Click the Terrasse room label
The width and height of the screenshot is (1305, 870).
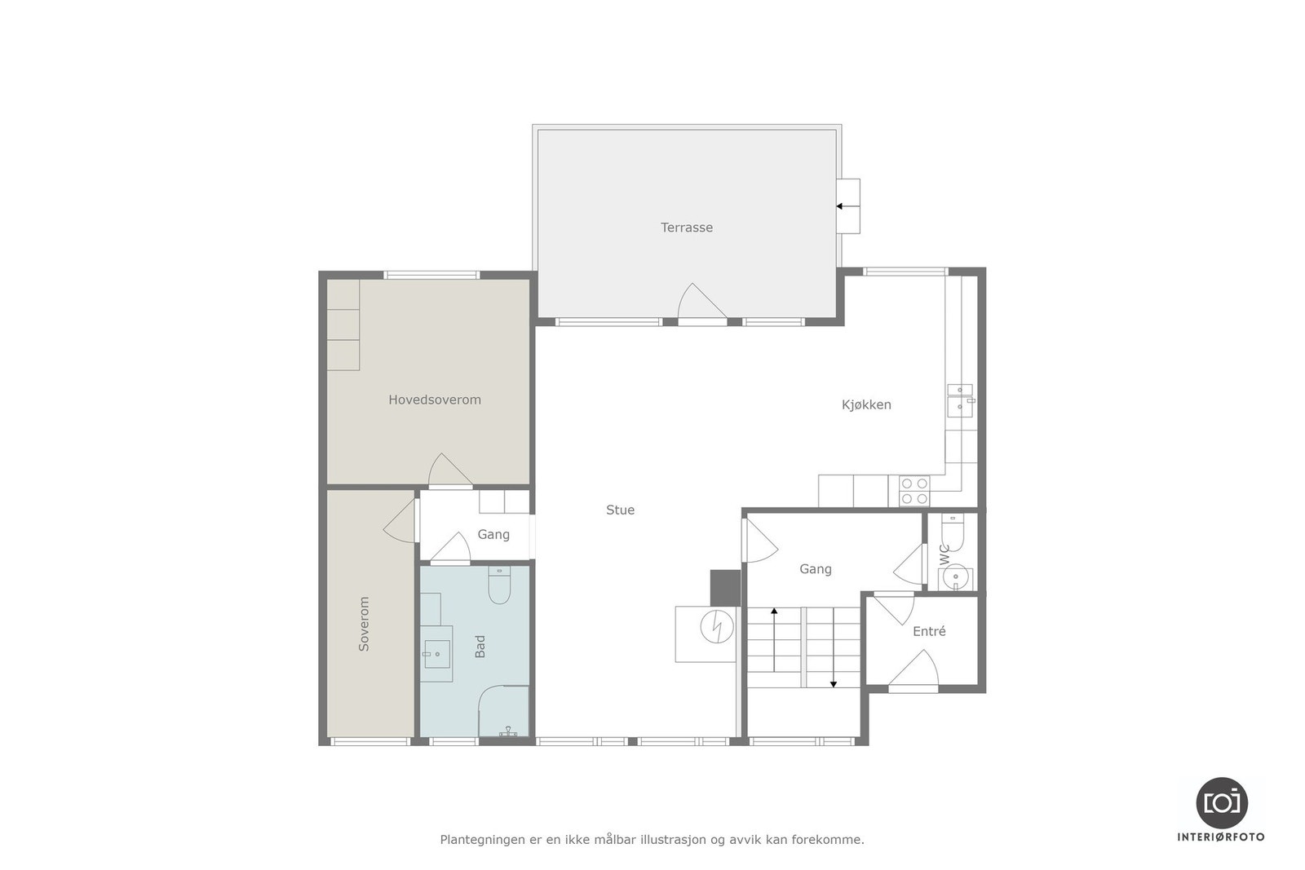click(686, 227)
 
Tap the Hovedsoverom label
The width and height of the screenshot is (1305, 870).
click(434, 400)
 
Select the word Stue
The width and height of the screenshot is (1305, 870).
click(620, 510)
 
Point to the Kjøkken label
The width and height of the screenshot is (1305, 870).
click(866, 404)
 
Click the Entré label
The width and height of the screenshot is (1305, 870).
click(929, 631)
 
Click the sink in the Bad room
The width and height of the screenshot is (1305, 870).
click(437, 650)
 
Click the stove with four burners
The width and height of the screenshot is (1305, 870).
click(913, 490)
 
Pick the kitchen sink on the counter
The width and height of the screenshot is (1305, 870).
click(959, 400)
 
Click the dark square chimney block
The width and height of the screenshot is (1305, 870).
click(724, 587)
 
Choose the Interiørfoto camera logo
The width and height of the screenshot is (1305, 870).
click(1221, 802)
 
